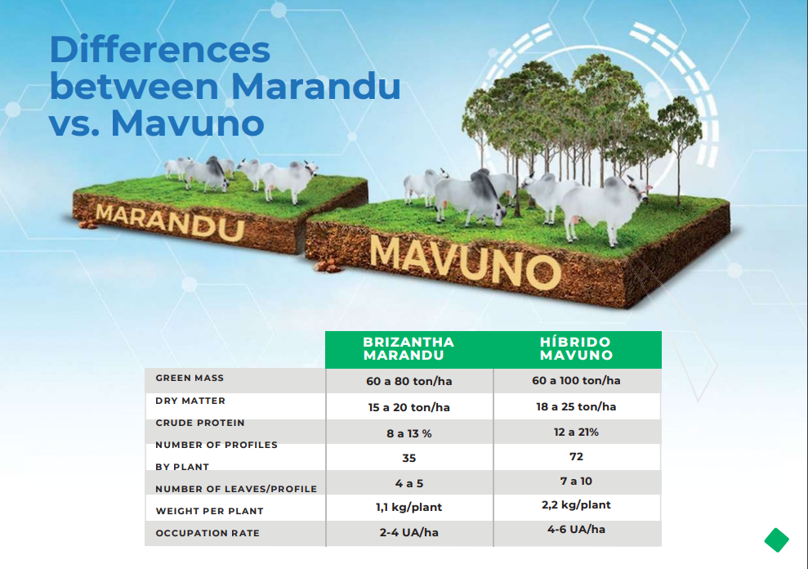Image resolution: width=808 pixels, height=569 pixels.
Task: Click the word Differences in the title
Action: (160, 50)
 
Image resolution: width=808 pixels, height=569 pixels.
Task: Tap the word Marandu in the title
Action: (315, 86)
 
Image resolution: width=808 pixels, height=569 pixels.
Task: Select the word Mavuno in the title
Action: (188, 123)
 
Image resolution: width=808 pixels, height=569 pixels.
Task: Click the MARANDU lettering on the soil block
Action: (170, 222)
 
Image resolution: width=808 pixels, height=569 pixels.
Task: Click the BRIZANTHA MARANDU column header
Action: (408, 349)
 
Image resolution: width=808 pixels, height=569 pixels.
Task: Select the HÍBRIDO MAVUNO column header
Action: (576, 349)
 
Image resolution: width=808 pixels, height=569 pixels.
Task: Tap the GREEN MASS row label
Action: (190, 379)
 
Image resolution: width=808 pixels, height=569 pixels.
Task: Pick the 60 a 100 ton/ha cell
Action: (576, 381)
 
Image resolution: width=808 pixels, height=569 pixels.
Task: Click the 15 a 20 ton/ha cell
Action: (408, 407)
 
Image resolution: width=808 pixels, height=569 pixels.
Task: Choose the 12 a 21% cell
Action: (576, 432)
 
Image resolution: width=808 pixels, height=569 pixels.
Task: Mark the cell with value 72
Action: (576, 456)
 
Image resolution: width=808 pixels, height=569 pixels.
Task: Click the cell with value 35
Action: (408, 458)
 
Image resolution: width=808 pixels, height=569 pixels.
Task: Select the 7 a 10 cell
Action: (576, 482)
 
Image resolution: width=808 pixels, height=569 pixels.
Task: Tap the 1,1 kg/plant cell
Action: (408, 507)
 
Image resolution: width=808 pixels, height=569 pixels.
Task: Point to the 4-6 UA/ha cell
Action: (576, 529)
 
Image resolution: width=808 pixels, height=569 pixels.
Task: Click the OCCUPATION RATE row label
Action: (208, 533)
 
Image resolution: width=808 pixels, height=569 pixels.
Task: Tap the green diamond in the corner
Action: (777, 540)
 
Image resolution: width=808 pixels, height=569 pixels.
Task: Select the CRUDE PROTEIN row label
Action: (200, 423)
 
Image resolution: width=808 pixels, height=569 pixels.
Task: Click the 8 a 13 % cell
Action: (408, 434)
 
